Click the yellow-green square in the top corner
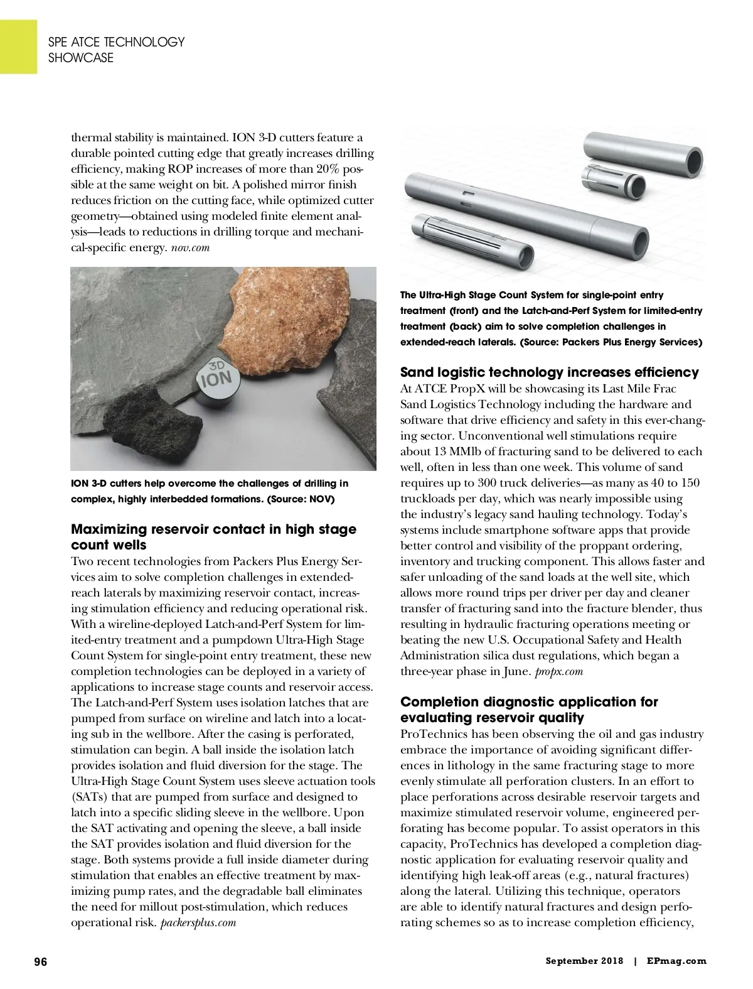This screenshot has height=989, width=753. tap(18, 46)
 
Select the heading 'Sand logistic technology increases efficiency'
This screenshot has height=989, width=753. tap(549, 372)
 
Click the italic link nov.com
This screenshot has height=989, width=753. tap(190, 247)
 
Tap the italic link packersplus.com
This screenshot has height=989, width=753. tap(198, 922)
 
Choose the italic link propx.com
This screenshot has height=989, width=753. tap(559, 671)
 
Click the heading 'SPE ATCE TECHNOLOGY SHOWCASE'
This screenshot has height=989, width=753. tap(117, 50)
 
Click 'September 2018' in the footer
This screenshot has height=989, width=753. tap(584, 961)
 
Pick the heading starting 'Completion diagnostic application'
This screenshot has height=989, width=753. tap(529, 710)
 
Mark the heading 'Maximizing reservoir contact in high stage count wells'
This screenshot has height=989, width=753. tap(213, 537)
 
